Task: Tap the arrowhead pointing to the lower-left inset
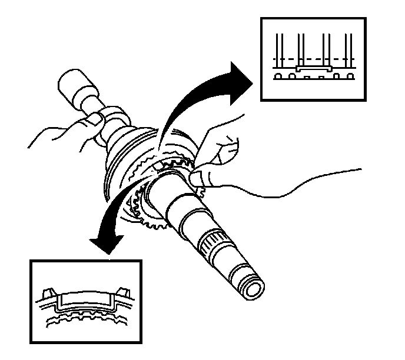108,244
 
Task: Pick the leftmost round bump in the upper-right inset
278,76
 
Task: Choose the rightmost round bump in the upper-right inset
351,76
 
